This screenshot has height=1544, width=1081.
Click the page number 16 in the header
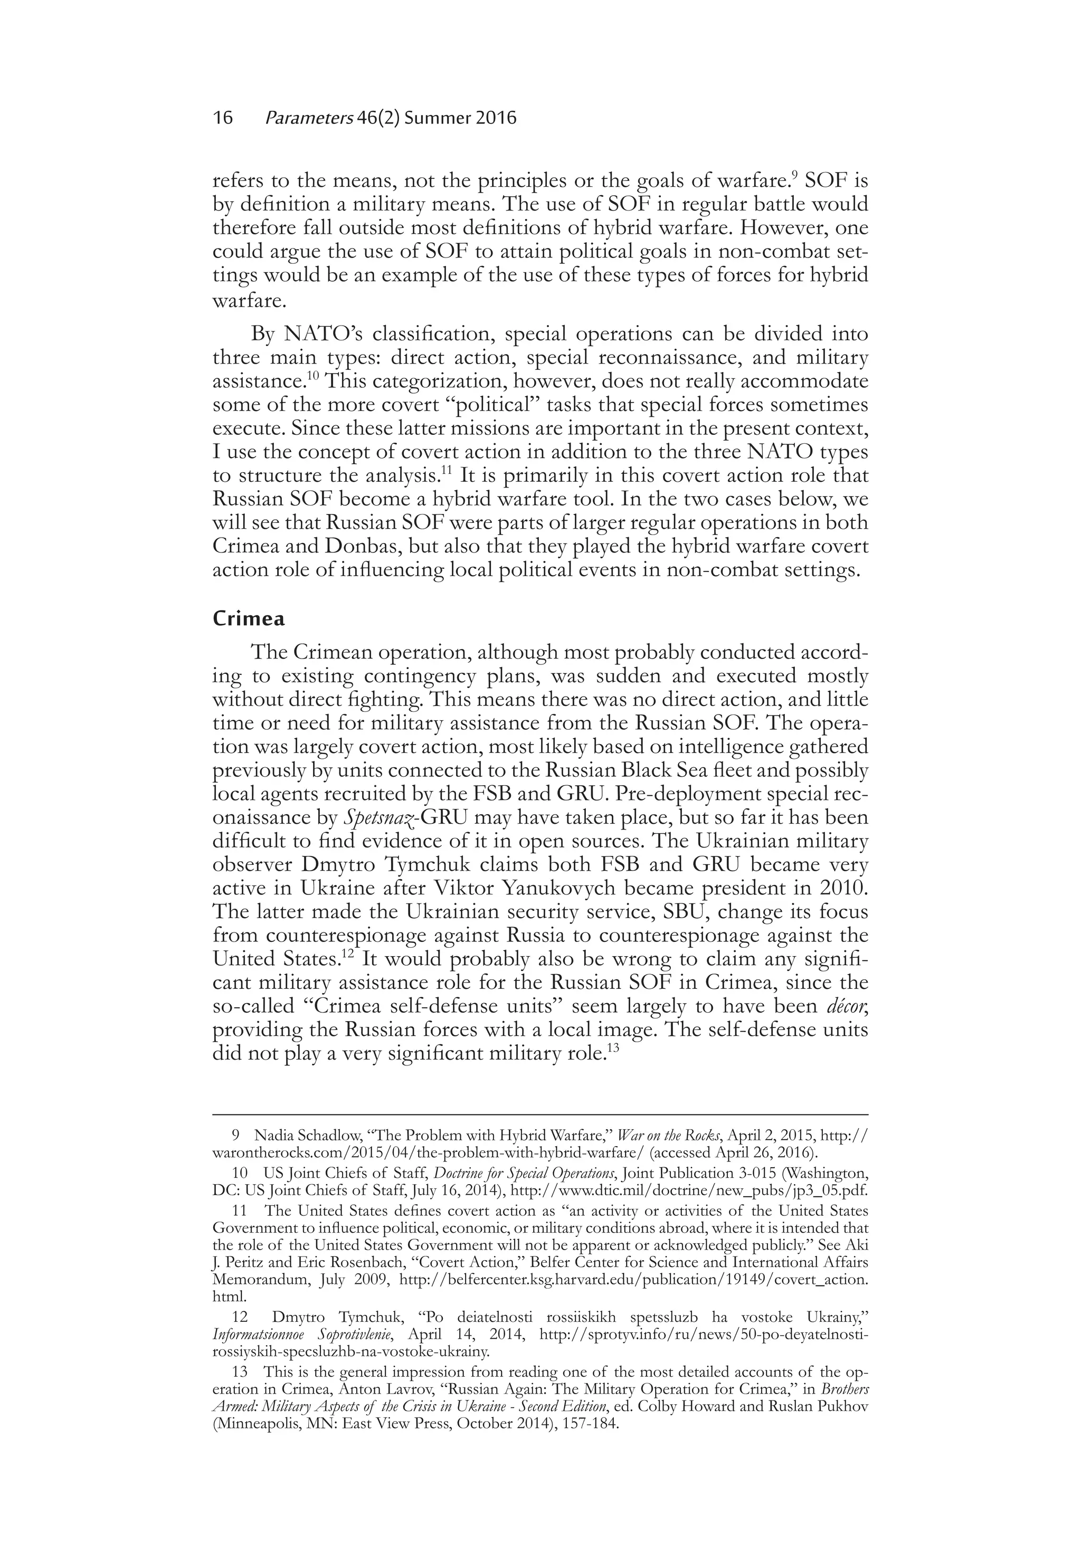(x=223, y=118)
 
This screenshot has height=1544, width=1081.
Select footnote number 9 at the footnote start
(x=236, y=1136)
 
